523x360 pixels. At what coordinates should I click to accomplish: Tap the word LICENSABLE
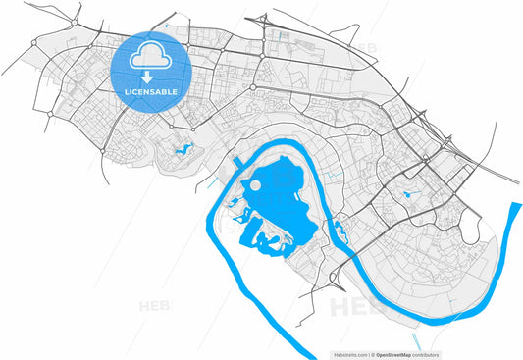(149, 91)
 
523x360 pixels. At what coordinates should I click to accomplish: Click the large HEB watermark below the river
(355, 308)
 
